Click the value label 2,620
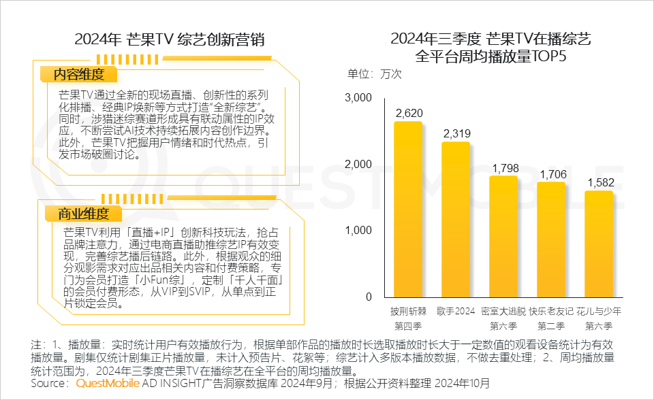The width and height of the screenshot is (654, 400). tap(409, 113)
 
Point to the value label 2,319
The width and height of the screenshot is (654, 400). tap(456, 133)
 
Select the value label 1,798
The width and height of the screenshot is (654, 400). tap(504, 168)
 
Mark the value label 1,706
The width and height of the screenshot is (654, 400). tap(552, 174)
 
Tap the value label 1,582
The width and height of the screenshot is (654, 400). tap(599, 182)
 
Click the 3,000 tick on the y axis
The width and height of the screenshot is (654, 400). tap(358, 98)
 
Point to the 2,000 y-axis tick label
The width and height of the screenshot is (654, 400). tap(358, 164)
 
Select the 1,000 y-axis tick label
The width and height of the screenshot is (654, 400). tap(358, 231)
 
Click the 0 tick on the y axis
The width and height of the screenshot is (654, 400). tap(368, 297)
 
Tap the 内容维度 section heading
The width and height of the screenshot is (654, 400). tap(80, 75)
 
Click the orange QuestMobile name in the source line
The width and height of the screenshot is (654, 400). tap(108, 384)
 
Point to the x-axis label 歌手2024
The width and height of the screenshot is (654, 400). tap(456, 311)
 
